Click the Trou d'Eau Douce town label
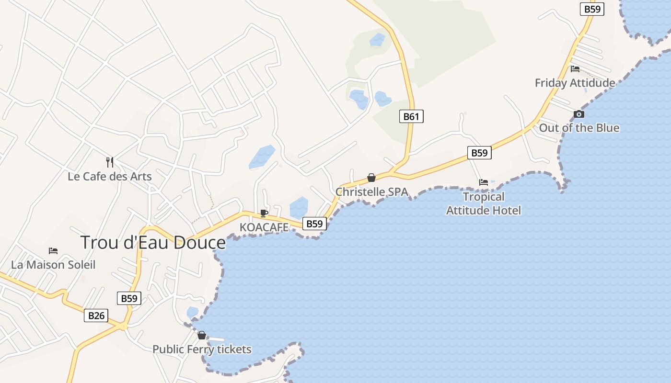tap(153, 243)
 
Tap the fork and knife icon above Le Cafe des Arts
tap(110, 162)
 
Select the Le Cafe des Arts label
tap(110, 177)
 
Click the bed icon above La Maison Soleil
tap(53, 251)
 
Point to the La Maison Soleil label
tap(53, 265)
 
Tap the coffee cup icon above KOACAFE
tap(264, 213)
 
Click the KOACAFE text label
tap(264, 227)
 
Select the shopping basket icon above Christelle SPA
tap(371, 178)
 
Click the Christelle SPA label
tap(371, 192)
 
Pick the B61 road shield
tap(411, 116)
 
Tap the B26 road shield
tap(96, 315)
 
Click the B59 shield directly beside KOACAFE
tap(314, 224)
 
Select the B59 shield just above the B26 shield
tap(129, 299)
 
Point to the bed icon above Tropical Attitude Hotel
tap(484, 182)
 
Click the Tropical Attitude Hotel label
tap(484, 203)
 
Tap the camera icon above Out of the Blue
tap(579, 114)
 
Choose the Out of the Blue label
tap(579, 128)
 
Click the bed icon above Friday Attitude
tap(575, 69)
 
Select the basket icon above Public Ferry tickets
tap(202, 335)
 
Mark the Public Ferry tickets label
tap(202, 349)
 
